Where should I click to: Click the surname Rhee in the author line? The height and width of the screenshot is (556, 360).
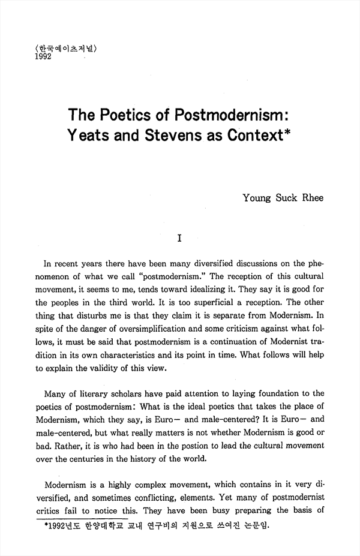pos(311,197)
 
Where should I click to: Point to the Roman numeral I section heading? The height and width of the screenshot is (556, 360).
pos(179,238)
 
